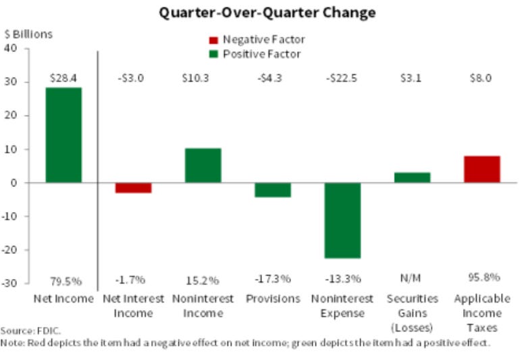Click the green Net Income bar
tap(63, 135)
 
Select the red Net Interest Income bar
tap(133, 188)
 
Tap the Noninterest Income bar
tap(203, 165)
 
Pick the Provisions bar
tap(273, 190)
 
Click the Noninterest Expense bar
tap(342, 220)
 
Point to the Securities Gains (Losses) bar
tap(412, 178)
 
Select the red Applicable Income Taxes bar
tap(481, 170)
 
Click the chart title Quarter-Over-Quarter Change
tap(267, 12)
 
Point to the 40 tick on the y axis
tap(11, 48)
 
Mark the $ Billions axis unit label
tap(28, 34)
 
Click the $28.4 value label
tap(63, 78)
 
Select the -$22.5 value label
tap(342, 78)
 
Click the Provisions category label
tap(273, 299)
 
